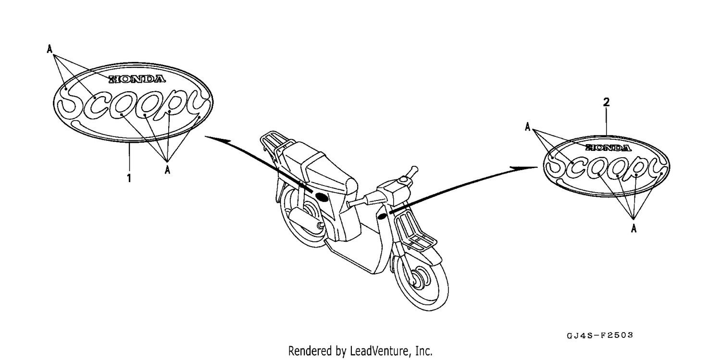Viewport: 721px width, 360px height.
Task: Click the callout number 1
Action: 129,178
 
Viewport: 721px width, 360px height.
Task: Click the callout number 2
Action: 606,102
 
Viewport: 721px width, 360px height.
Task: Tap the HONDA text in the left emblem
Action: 137,79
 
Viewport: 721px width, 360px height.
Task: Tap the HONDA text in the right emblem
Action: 608,148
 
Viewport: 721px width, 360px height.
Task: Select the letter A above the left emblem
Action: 50,49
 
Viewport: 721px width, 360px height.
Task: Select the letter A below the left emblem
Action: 167,170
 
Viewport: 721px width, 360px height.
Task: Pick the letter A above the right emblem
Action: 528,127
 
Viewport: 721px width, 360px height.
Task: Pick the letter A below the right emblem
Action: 634,228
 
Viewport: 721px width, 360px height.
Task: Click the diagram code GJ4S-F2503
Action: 600,335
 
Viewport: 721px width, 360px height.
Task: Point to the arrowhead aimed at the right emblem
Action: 524,168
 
